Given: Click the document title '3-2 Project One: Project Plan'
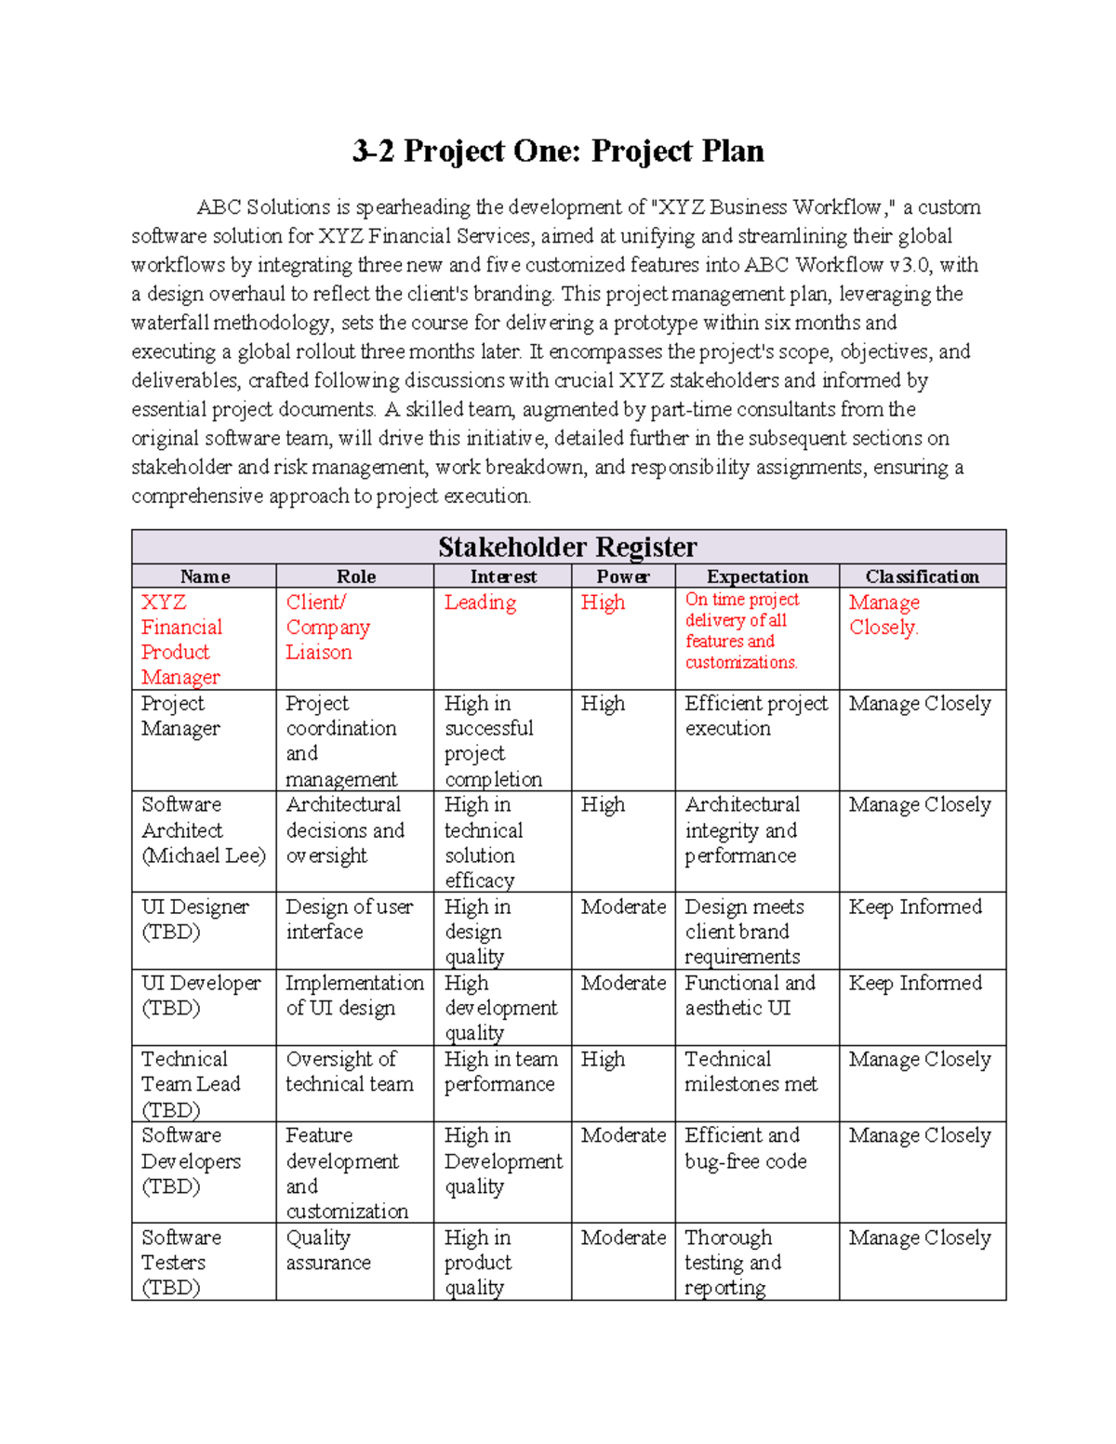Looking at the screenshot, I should tap(558, 151).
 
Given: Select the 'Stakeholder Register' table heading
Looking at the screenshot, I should tap(567, 547).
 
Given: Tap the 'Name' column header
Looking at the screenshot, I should tap(205, 576).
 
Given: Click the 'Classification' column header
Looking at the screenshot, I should tap(922, 576).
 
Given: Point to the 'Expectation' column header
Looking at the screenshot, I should tap(757, 576).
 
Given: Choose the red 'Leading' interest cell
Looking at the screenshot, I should tap(480, 603).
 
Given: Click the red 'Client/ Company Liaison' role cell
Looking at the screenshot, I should tap(327, 628).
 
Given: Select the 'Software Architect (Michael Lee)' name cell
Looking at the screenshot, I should tap(203, 830).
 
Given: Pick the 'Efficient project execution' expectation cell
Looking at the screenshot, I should tap(755, 716).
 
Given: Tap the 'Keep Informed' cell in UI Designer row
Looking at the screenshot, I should tap(915, 907).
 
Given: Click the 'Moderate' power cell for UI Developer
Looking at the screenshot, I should tap(623, 983).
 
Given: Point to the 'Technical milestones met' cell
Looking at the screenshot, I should tap(751, 1071).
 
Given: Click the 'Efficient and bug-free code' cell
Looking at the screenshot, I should tap(745, 1148).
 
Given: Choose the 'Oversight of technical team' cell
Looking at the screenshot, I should tap(349, 1071).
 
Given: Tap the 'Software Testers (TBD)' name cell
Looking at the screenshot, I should tap(180, 1262).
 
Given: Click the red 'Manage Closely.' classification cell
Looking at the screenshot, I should tap(883, 615).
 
